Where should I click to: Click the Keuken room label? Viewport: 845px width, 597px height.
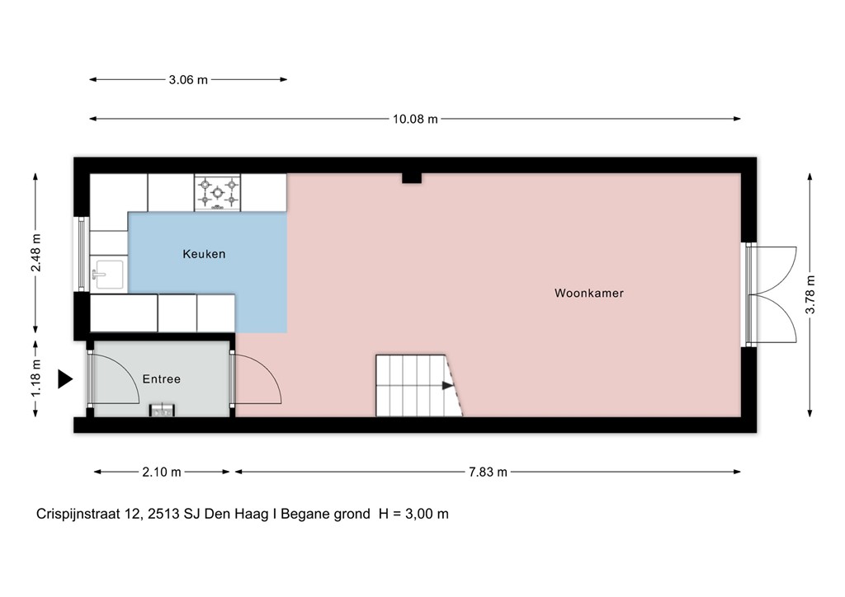coord(204,255)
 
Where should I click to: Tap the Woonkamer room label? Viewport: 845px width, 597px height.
coord(588,293)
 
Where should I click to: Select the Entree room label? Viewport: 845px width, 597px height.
coord(161,379)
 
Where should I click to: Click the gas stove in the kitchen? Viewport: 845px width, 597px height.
coord(217,193)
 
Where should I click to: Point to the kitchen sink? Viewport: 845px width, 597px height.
coord(108,273)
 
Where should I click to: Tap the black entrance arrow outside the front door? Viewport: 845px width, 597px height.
coord(64,379)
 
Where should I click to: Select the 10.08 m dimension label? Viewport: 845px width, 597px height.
coord(414,119)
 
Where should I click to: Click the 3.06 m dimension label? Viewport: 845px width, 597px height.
coord(188,80)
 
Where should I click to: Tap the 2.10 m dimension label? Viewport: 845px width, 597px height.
coord(161,472)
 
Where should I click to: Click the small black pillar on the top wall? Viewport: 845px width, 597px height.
coord(411,177)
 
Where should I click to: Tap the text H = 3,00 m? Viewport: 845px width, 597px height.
coord(413,514)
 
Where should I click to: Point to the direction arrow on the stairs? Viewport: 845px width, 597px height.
coord(446,385)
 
